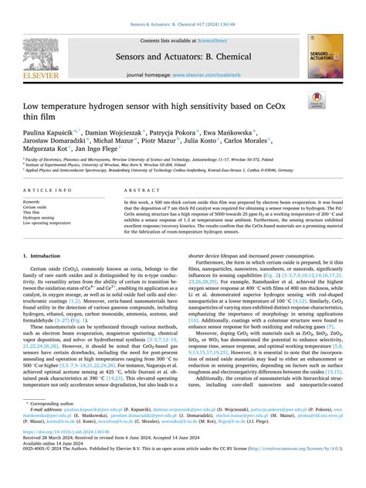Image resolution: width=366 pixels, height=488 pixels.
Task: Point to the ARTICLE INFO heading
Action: click(x=49, y=189)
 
